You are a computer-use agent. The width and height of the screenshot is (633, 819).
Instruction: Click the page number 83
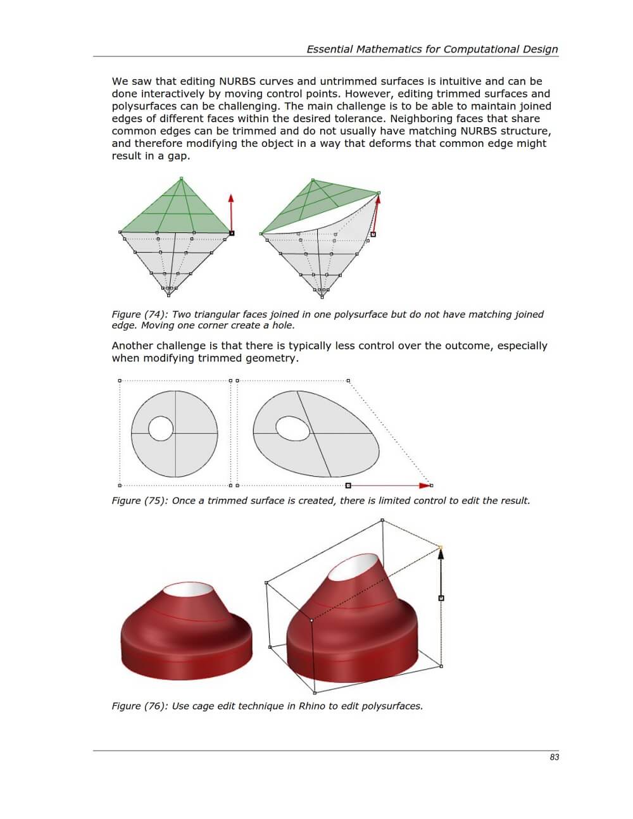(x=555, y=757)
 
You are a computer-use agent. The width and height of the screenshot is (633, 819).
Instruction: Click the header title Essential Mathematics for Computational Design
(x=432, y=49)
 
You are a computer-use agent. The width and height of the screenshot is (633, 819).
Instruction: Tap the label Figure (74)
(x=139, y=314)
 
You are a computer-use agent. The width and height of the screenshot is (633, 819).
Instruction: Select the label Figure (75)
(x=139, y=501)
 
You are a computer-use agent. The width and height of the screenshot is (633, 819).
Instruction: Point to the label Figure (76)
(x=139, y=706)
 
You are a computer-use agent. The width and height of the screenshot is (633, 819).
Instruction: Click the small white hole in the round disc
(x=161, y=428)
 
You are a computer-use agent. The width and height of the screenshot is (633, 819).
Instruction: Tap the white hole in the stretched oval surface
(x=293, y=428)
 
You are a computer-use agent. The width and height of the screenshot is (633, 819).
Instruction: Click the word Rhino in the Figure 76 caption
(x=312, y=706)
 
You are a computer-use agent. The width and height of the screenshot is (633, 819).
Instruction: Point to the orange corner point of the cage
(x=441, y=547)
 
